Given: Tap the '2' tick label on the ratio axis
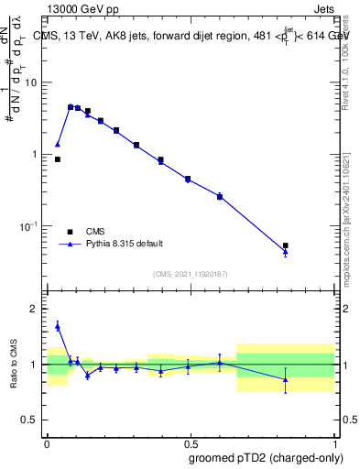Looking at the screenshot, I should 34,309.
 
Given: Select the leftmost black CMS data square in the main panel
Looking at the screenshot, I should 58,159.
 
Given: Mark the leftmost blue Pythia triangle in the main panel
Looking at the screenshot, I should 58,144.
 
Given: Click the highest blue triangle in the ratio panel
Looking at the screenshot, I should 58,325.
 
